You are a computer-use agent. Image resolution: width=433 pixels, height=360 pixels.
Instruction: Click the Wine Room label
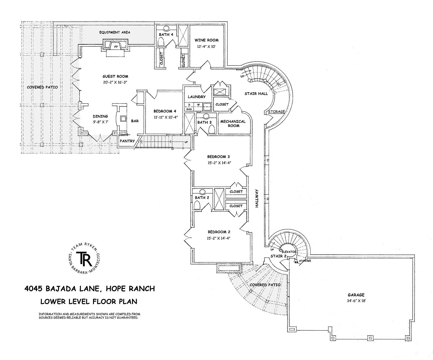(206, 40)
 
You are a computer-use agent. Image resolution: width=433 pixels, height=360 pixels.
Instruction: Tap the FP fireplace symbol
(116, 47)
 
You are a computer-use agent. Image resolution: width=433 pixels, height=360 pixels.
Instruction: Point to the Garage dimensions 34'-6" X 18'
(356, 300)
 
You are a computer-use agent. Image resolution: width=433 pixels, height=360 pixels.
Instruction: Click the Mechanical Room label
(233, 123)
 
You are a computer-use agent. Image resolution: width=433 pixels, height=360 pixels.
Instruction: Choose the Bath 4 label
(166, 34)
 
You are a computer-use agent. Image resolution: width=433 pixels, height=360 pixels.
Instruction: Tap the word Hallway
(257, 198)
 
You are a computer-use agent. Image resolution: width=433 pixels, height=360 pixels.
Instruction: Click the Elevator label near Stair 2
(289, 252)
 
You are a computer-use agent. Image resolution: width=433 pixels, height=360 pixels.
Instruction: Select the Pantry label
(127, 141)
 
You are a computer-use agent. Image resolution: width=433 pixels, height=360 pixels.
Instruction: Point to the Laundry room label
(197, 97)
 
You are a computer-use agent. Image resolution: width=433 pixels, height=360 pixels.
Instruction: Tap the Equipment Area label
(115, 32)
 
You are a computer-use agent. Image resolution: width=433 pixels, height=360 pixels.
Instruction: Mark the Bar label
(135, 121)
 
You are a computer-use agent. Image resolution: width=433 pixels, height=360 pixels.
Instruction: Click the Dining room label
(101, 116)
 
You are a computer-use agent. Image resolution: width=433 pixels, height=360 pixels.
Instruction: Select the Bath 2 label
(202, 197)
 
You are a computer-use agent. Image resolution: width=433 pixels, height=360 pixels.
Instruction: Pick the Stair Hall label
(256, 94)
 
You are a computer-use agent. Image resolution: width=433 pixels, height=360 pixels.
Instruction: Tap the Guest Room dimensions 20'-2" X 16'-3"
(115, 82)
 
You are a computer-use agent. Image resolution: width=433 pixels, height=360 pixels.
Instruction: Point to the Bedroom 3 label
(219, 157)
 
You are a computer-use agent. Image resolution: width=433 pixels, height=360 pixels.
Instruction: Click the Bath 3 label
(204, 122)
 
